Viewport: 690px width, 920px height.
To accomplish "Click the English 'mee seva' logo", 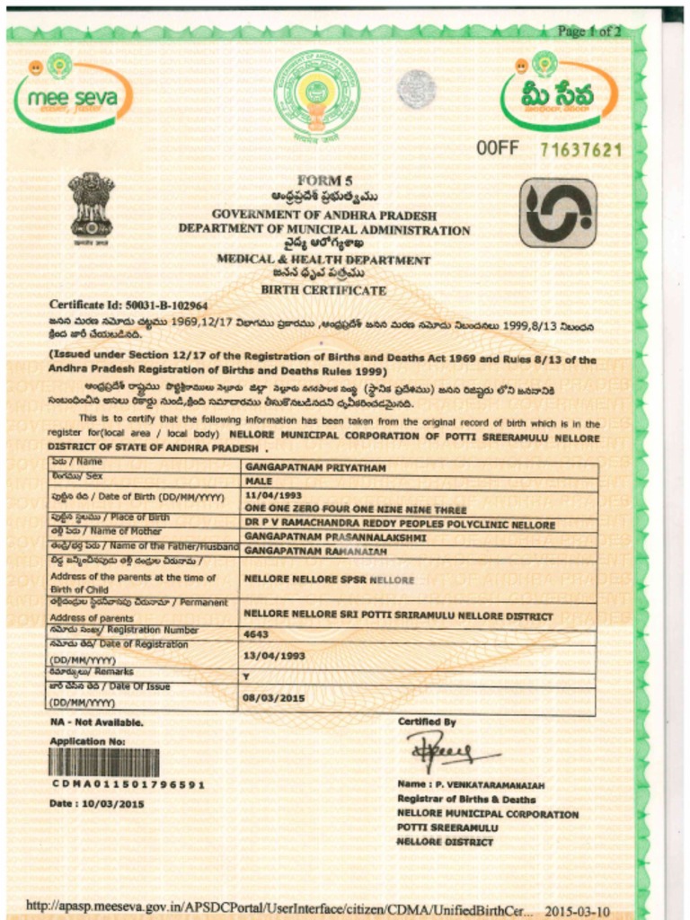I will tap(72, 94).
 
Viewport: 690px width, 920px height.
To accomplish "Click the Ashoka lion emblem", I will tap(92, 205).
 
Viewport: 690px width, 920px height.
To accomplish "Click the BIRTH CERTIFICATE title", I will tap(323, 290).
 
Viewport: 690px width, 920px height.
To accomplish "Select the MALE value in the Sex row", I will tap(258, 482).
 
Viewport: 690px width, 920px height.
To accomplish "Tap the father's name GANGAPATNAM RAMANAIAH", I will tap(315, 550).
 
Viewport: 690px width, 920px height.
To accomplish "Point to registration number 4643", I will tap(257, 633).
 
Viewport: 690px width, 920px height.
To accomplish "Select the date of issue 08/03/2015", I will tap(274, 697).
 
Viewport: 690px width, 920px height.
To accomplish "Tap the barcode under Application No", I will tap(103, 763).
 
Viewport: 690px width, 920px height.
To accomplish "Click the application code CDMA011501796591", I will tap(127, 784).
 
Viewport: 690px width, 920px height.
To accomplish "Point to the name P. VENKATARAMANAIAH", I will tap(471, 784).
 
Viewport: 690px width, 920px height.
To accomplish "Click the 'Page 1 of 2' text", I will tap(588, 31).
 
